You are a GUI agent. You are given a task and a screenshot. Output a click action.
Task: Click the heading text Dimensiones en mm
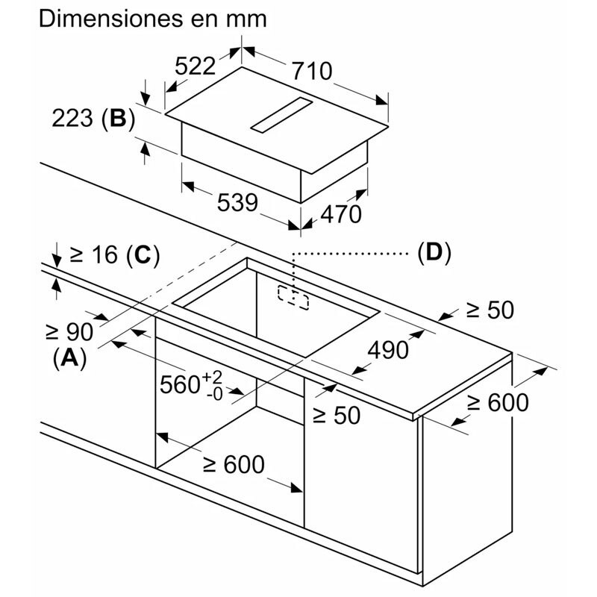(152, 19)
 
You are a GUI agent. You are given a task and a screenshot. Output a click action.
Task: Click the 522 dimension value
(195, 67)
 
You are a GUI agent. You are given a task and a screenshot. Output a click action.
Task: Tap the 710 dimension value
(310, 72)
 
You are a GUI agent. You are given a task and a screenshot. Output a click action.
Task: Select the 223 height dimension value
(74, 119)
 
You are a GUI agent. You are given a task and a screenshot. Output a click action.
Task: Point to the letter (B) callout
(118, 119)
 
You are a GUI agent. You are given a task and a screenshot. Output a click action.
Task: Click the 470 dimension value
(340, 214)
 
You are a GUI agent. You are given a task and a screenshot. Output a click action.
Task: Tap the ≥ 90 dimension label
(69, 331)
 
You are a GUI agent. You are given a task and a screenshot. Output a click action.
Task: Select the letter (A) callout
(69, 358)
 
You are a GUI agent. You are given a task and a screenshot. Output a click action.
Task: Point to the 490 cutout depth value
(388, 349)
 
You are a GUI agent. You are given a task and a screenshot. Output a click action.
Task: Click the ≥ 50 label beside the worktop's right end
(490, 310)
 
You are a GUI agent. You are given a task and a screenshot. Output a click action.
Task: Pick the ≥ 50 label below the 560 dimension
(336, 415)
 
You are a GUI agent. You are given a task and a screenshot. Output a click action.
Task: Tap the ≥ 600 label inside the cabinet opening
(234, 464)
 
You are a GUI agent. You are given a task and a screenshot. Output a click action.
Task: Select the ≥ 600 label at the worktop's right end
(498, 403)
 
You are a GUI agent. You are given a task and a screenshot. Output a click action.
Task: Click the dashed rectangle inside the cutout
(294, 296)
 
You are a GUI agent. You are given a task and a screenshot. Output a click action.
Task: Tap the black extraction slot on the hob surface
(283, 117)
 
